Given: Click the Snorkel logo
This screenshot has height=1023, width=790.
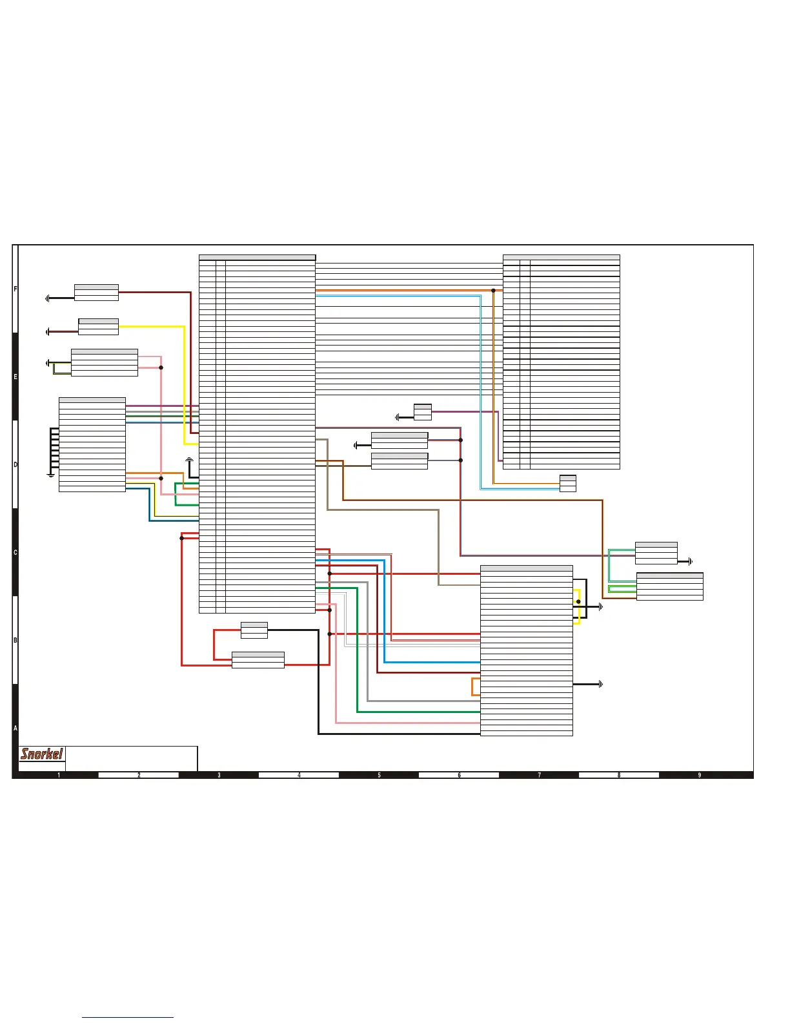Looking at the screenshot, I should [42, 754].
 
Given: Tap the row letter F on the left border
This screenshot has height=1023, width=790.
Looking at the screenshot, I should [15, 289].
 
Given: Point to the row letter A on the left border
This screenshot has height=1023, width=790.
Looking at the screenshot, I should [15, 728].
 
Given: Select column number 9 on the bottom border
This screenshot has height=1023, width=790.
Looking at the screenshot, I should [699, 775].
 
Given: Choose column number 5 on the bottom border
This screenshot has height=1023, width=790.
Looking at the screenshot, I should [379, 775].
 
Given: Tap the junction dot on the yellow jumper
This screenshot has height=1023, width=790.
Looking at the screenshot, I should [578, 602].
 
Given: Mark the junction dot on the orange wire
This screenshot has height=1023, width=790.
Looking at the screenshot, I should [493, 291].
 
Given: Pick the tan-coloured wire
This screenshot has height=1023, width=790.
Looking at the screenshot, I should [439, 542].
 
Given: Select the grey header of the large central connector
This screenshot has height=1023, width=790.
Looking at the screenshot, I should [257, 258].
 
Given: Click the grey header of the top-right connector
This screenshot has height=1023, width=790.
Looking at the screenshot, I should [561, 258].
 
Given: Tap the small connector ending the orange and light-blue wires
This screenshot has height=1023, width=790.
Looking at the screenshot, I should [567, 483].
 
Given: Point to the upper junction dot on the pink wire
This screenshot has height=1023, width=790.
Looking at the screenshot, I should [161, 367].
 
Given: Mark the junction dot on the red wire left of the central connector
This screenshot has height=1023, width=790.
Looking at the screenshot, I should [181, 538].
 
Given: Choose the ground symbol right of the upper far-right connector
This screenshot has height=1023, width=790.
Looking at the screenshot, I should [691, 562].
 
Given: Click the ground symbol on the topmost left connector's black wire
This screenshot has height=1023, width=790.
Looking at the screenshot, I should [47, 298].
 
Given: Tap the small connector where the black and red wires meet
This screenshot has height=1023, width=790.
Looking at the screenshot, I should [254, 630].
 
